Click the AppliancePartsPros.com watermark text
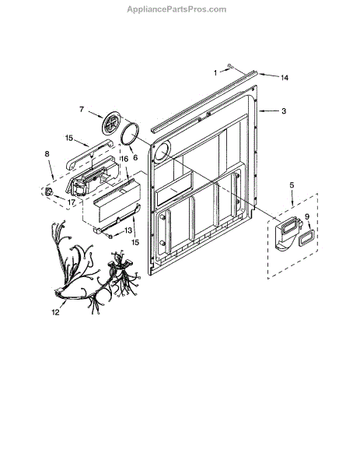(177, 9)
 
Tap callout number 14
(285, 78)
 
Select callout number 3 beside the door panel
(284, 111)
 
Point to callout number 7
(82, 110)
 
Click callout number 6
(135, 157)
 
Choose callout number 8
(47, 154)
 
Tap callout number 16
(124, 159)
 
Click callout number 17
(71, 202)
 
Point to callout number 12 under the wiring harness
(56, 312)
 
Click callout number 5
(292, 185)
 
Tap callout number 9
(307, 217)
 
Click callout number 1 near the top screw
(215, 72)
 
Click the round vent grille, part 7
(112, 123)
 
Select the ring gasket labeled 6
(131, 134)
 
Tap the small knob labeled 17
(48, 191)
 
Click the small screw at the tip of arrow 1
(229, 66)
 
